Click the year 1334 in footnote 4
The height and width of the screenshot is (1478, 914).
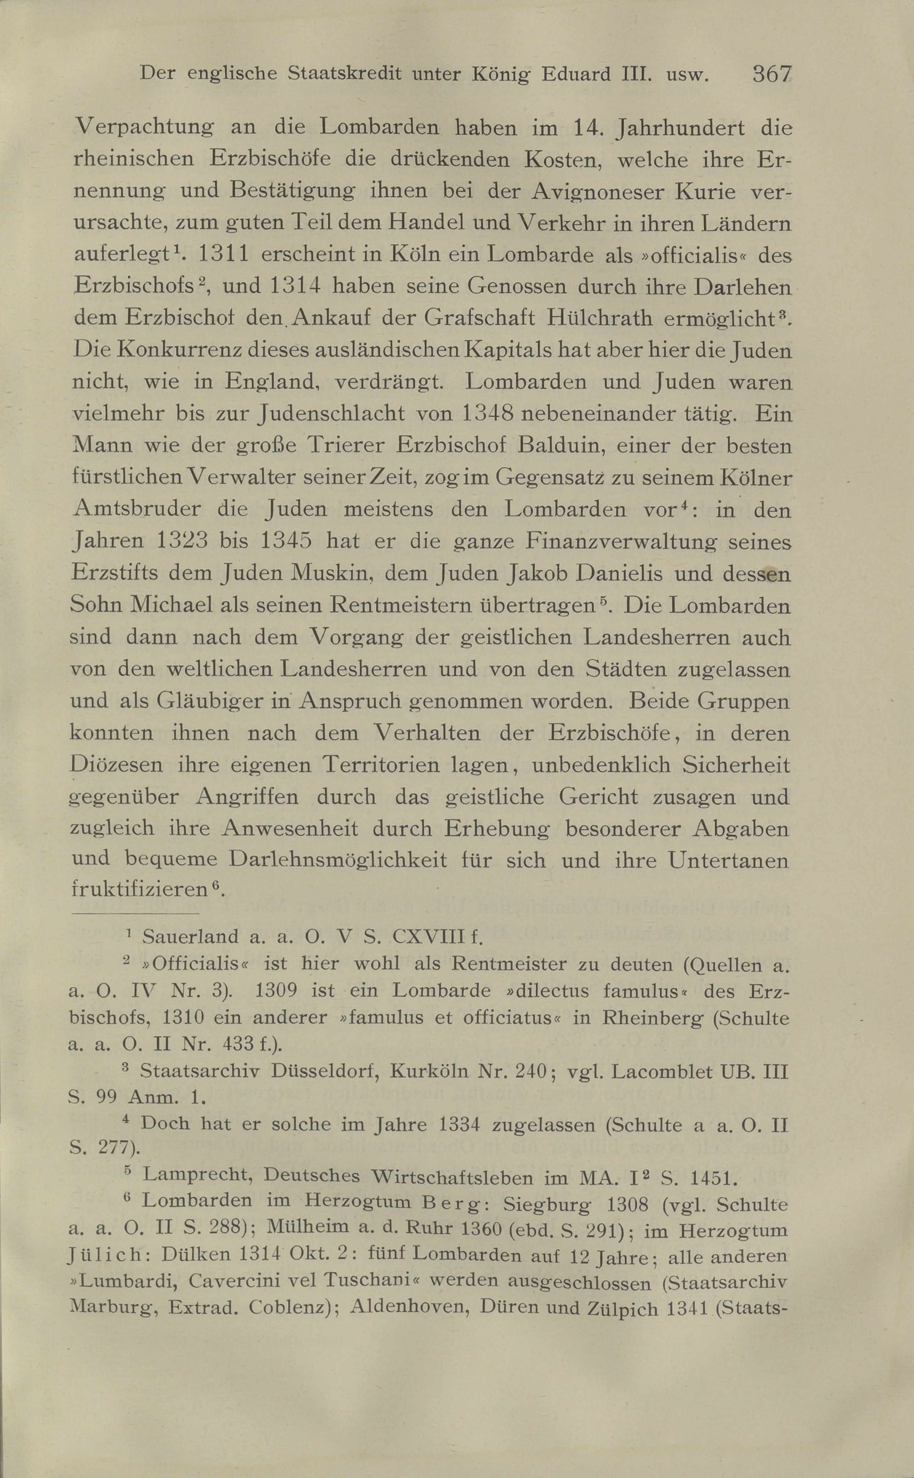tap(460, 1125)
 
